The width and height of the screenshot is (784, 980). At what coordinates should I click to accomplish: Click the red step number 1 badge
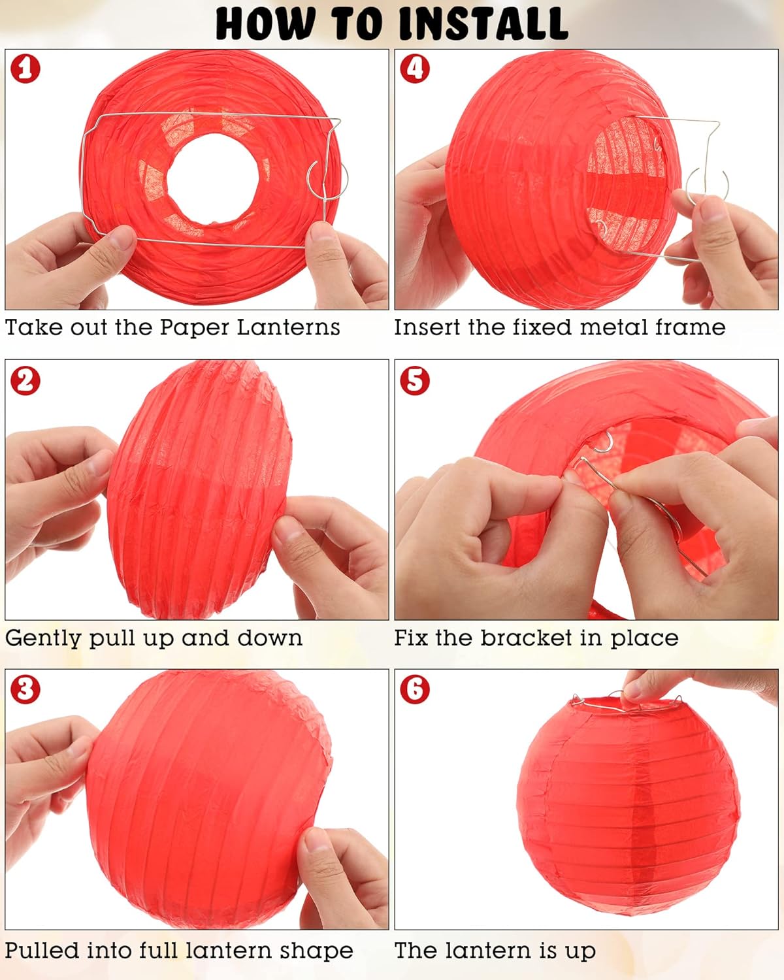[25, 69]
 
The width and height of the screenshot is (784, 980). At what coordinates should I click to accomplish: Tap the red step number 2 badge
[25, 381]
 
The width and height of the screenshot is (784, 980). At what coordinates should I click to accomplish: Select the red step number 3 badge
[25, 689]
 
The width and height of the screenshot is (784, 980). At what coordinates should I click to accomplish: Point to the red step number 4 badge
[415, 69]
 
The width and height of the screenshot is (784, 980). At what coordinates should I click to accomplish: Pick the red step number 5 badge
[415, 381]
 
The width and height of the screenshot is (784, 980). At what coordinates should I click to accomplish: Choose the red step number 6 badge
[415, 689]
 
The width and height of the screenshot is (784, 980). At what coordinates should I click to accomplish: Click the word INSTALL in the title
[483, 24]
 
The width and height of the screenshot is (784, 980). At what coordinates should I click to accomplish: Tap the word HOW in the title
[265, 24]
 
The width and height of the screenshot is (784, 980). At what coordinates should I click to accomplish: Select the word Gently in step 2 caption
[44, 639]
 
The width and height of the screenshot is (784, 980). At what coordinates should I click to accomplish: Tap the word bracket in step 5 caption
[527, 638]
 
